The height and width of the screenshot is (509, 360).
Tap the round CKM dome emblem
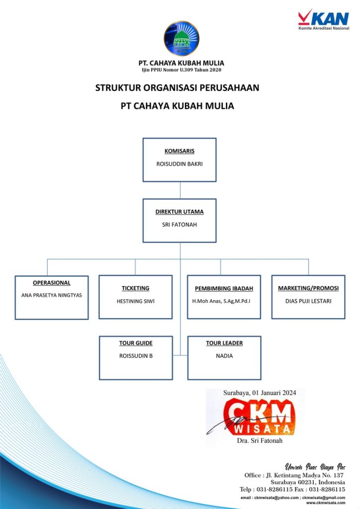(x=181, y=38)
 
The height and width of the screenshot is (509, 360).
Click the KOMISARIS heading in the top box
(x=180, y=151)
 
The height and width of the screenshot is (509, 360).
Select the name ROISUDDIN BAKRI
(x=180, y=164)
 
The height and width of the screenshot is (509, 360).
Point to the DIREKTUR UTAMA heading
(x=180, y=212)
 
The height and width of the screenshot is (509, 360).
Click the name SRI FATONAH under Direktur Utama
(x=180, y=225)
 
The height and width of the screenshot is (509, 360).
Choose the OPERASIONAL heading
(x=52, y=283)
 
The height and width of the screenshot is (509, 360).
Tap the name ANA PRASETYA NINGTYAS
(x=52, y=295)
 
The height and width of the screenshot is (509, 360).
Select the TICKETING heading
(x=135, y=288)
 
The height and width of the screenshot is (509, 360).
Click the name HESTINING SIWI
(x=135, y=301)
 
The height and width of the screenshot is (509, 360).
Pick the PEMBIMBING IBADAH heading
(x=224, y=289)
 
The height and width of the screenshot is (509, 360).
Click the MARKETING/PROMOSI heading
(x=308, y=288)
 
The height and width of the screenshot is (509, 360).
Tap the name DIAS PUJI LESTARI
(x=308, y=301)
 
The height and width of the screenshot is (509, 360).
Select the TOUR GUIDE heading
(x=136, y=343)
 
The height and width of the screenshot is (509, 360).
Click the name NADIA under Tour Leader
(x=224, y=356)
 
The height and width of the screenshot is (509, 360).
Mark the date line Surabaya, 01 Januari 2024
(x=260, y=393)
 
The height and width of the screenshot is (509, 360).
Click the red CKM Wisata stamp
(x=259, y=417)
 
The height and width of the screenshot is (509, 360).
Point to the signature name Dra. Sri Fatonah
(x=260, y=441)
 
